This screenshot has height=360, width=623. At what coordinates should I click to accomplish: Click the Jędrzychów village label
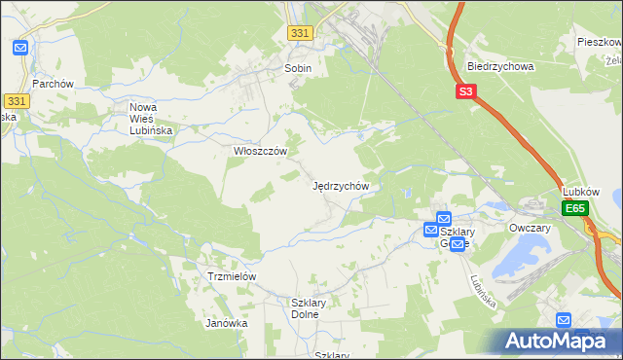click(x=340, y=185)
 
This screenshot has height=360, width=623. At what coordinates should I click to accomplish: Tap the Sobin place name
click(x=297, y=68)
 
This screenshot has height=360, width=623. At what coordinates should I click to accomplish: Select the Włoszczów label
click(x=260, y=152)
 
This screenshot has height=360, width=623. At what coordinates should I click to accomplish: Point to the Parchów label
click(x=53, y=84)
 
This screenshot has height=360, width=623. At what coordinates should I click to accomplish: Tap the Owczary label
click(x=530, y=228)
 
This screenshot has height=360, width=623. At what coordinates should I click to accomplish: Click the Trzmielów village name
click(x=232, y=276)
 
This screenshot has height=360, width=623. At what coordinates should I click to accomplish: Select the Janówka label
click(x=226, y=323)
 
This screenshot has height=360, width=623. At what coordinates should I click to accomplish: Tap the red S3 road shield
click(x=466, y=92)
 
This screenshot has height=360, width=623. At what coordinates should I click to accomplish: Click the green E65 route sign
click(x=575, y=208)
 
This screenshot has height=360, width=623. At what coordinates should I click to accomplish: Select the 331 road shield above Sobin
click(x=301, y=33)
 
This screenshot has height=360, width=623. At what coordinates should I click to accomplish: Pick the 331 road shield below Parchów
click(x=16, y=100)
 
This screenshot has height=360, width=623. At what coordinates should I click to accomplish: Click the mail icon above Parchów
click(x=20, y=47)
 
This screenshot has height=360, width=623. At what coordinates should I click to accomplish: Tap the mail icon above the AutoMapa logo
click(x=564, y=319)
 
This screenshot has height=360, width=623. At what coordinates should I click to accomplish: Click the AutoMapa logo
click(x=557, y=342)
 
